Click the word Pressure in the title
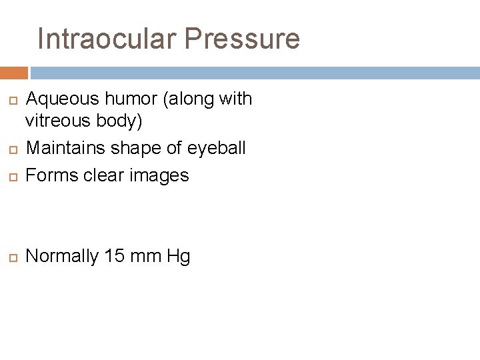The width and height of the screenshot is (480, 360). pos(242,39)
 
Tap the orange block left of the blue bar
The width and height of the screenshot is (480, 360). pos(13,73)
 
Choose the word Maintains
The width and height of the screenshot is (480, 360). pos(64,147)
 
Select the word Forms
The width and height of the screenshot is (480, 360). pos(52,175)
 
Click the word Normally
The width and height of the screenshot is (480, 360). pos(62,257)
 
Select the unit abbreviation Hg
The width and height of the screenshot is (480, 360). pos(179,257)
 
